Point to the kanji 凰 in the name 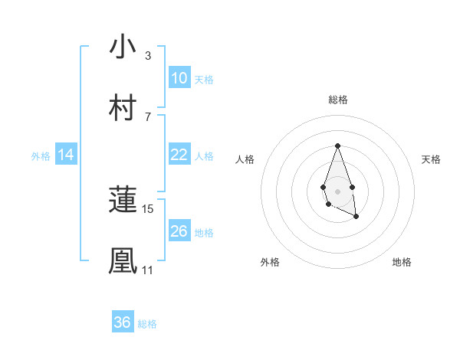click(123, 261)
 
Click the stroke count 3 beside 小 click(147, 55)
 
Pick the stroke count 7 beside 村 click(147, 116)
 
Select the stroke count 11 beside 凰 click(148, 270)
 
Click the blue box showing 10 click(179, 78)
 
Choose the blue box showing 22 click(179, 155)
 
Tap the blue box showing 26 click(179, 231)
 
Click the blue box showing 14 click(66, 155)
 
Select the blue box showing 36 click(123, 322)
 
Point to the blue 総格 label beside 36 click(147, 324)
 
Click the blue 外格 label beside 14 click(41, 156)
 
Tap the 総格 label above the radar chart click(337, 100)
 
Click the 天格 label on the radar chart click(431, 159)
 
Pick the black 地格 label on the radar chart click(402, 262)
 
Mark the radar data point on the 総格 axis click(337, 146)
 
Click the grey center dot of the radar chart click(337, 190)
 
